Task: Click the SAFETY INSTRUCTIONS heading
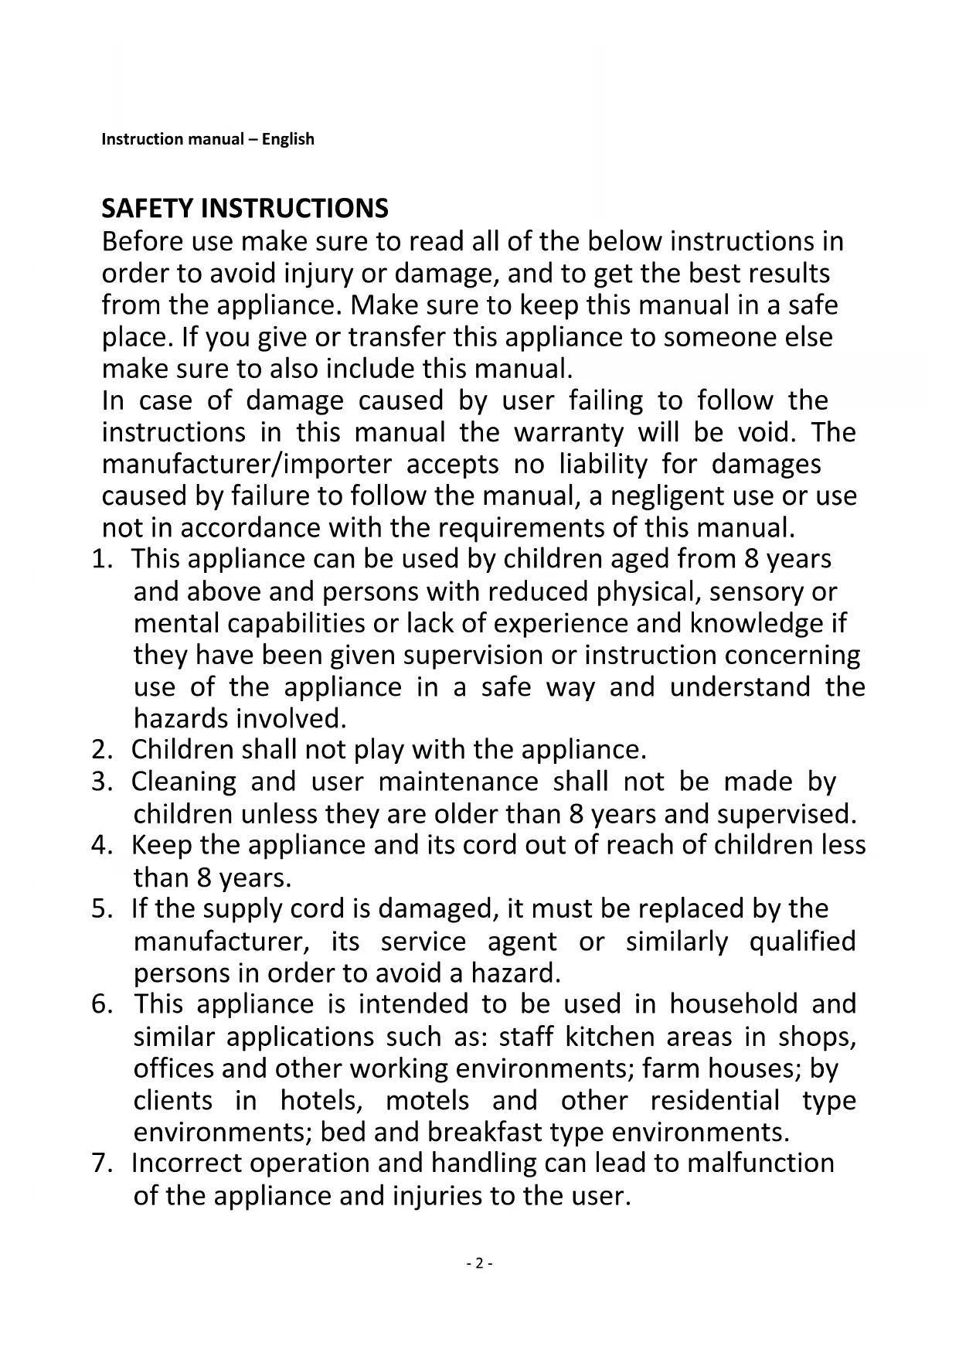245,209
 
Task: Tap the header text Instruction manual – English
208,139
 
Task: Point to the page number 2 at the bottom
479,1264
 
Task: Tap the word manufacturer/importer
247,464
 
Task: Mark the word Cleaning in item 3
184,782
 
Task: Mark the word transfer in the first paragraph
396,337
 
